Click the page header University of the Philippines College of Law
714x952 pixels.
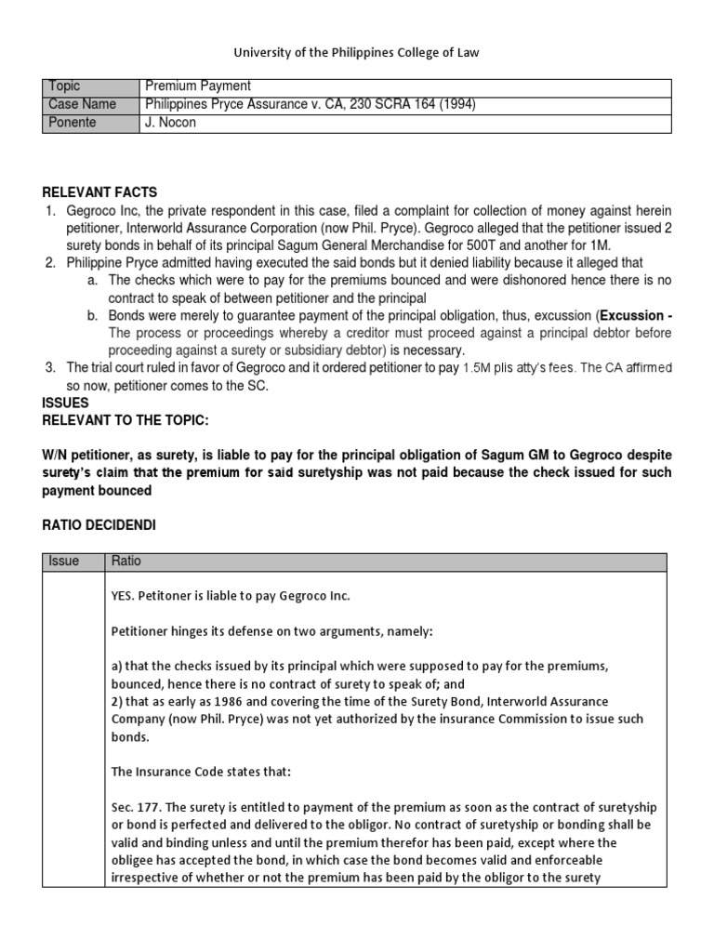[x=357, y=53]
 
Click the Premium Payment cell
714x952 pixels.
[x=196, y=86]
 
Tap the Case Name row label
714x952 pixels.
[x=82, y=105]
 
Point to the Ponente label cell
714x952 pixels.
[x=73, y=123]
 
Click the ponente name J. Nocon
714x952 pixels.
[x=169, y=123]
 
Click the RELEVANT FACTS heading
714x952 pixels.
[x=99, y=192]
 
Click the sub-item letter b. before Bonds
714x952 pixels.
[x=92, y=316]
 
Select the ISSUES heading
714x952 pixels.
[x=66, y=403]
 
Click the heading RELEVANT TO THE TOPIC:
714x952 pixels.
[x=126, y=420]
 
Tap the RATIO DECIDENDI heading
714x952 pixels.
[x=99, y=525]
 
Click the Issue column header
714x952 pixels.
[x=64, y=562]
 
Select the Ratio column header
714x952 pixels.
[x=126, y=562]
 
